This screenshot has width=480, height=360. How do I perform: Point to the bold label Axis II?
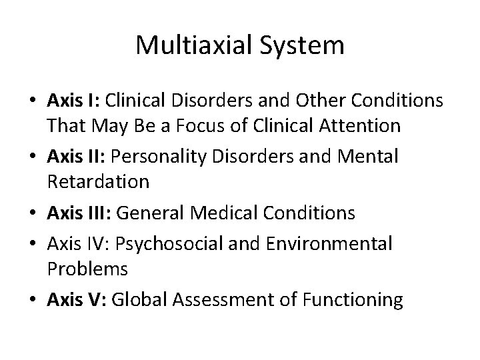coord(76,157)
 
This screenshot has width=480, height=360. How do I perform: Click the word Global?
coord(136,300)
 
